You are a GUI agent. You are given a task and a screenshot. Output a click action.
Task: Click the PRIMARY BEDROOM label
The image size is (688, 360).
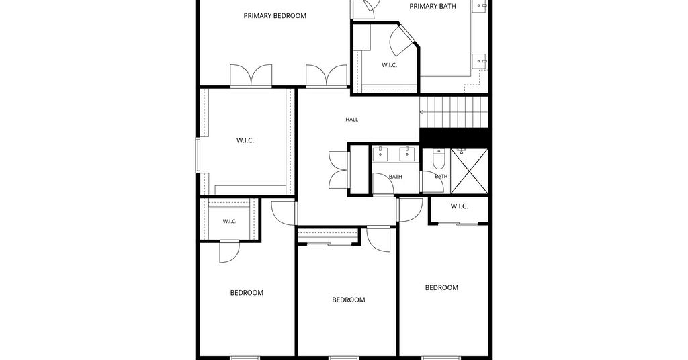[x=275, y=16]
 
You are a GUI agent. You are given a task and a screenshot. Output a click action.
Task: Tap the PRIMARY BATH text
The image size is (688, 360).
[x=432, y=6]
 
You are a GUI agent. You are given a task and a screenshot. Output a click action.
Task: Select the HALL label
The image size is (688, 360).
[x=351, y=120]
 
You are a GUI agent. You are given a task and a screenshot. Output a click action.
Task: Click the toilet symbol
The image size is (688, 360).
[x=439, y=159]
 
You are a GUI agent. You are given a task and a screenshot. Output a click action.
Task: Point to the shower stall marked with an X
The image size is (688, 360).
[x=469, y=171]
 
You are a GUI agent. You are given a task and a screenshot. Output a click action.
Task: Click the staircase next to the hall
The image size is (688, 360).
[x=454, y=111]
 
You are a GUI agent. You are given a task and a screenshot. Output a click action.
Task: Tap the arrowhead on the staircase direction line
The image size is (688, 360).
[x=422, y=112]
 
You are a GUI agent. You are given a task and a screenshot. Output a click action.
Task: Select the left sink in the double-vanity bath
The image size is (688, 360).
[x=380, y=153]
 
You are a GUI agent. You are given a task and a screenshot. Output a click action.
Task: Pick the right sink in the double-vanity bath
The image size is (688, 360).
[x=406, y=153]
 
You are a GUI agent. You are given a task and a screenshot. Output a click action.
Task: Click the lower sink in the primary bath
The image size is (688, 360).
[x=479, y=61]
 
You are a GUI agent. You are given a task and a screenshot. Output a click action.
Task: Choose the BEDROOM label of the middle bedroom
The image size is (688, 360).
[x=349, y=300]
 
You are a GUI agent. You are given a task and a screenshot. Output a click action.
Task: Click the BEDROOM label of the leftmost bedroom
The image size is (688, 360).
[x=247, y=293]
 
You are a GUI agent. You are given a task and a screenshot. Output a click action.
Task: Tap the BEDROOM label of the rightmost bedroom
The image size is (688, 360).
[x=441, y=287]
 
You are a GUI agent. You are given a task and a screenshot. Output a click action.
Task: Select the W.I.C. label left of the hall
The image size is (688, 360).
[x=245, y=141]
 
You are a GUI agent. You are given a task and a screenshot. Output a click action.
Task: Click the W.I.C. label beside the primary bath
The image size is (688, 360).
[x=389, y=65]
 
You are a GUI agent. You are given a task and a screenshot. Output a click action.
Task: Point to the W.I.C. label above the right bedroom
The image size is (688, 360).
[x=459, y=206]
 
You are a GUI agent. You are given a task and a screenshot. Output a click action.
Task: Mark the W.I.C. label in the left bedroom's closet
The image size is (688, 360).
[x=230, y=222]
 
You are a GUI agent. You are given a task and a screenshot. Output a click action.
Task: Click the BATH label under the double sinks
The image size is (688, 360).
[x=395, y=177]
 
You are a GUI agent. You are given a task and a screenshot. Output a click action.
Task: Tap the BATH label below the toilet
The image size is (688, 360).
[x=441, y=176]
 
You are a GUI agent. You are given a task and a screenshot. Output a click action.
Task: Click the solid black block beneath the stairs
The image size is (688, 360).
[x=454, y=136]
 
